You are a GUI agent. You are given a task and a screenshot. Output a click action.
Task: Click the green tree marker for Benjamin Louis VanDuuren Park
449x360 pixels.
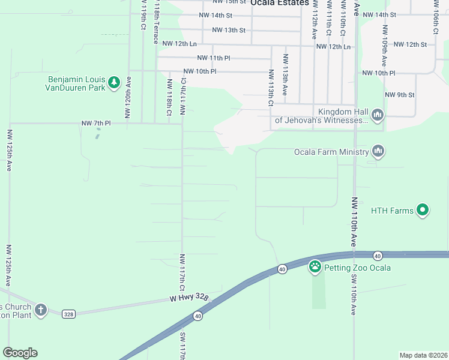pos(114,82)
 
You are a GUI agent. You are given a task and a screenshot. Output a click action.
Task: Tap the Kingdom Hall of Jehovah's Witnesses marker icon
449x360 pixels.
pos(378,115)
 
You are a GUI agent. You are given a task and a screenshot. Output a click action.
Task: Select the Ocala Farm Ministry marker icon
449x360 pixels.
pos(378,151)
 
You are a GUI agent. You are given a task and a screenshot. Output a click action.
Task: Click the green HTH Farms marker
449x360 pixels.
pos(423,210)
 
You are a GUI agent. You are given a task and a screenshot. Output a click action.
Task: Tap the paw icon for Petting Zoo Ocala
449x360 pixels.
pos(315,266)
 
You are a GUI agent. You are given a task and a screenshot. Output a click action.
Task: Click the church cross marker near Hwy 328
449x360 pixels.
pos(40,310)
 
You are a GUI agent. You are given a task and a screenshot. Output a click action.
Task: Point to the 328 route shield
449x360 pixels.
pos(68,313)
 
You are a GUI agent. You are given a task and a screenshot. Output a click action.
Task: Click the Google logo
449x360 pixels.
pos(20,353)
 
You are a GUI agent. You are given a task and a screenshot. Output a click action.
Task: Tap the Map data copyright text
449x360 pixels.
pos(423,355)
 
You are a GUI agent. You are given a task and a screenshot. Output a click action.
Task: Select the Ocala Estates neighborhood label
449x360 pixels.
pos(280,3)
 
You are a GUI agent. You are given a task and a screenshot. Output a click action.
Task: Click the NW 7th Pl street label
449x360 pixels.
pos(97,123)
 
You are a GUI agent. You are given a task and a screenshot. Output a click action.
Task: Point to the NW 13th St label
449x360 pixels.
pos(229,29)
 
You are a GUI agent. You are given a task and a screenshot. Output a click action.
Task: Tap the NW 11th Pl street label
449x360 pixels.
pos(214,58)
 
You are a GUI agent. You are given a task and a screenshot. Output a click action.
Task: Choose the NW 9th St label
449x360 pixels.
pos(400,95)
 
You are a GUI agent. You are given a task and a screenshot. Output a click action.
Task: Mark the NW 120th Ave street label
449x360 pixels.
pos(128,101)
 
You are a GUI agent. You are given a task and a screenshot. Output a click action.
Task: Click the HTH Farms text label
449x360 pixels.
pos(392,211)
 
